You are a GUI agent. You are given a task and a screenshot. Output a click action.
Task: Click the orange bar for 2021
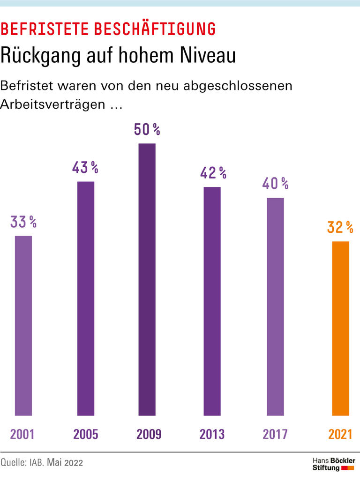pos(340,328)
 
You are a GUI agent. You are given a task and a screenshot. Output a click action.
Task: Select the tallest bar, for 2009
pos(147,279)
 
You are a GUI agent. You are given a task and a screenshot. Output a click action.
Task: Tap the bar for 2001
pos(23,325)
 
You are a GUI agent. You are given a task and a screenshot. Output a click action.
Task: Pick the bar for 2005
pos(85,298)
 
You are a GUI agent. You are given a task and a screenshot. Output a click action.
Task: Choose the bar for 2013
pos(212,301)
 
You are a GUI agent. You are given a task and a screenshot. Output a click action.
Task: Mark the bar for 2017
pos(275,306)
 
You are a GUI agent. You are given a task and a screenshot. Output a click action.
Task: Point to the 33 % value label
pos(23,222)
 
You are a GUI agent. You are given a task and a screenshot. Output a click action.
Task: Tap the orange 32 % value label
pos(340,228)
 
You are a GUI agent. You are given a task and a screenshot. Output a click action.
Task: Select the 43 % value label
pos(85,168)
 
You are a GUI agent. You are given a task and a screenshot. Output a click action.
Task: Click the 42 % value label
pos(213,173)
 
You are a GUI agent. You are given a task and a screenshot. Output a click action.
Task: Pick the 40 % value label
pos(275,184)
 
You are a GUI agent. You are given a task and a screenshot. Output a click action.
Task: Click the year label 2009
pos(149,434)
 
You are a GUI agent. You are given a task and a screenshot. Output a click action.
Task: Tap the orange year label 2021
pos(340,434)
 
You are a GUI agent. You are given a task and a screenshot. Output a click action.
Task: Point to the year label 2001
pos(22,434)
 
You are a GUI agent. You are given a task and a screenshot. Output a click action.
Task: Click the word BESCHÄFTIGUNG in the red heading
pos(155,29)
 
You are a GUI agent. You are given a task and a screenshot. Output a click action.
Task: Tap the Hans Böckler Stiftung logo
pos(333,464)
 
